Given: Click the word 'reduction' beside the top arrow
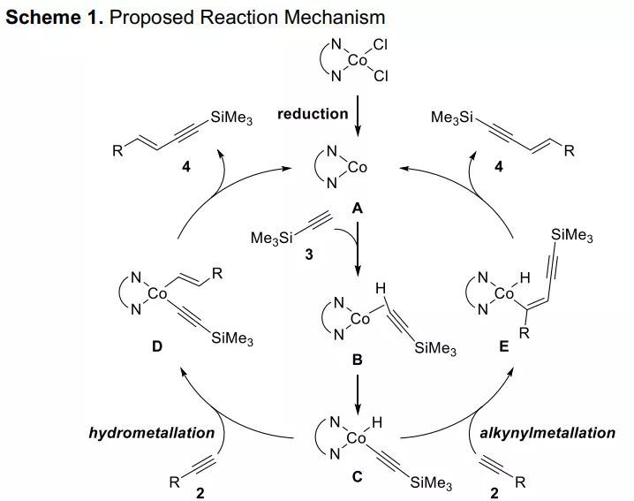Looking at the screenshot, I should tap(313, 113).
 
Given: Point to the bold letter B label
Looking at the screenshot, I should tap(357, 361).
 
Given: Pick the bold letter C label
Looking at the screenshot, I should tap(357, 478).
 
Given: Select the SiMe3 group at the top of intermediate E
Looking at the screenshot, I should tap(570, 236).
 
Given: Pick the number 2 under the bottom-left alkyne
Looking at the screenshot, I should tap(200, 493).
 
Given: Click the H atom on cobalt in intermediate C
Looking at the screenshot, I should tap(377, 425).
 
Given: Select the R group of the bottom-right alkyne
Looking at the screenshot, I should tap(520, 482).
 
